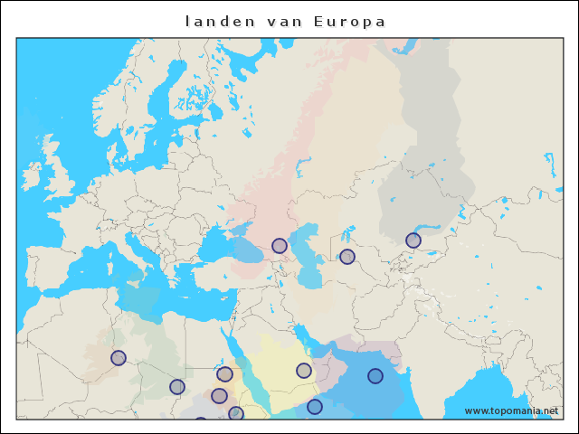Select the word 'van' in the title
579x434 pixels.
(285, 21)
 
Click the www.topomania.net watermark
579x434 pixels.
(511, 410)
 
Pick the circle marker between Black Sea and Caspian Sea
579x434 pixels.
(280, 245)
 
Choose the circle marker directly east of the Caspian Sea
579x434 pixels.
(347, 257)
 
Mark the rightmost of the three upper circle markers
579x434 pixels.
(413, 241)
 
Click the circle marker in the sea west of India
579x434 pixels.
(375, 376)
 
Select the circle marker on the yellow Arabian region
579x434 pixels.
(304, 371)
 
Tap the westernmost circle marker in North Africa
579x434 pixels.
(119, 358)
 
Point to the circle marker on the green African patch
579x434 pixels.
(177, 387)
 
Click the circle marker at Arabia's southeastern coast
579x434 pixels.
(315, 407)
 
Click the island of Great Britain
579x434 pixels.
(60, 177)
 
